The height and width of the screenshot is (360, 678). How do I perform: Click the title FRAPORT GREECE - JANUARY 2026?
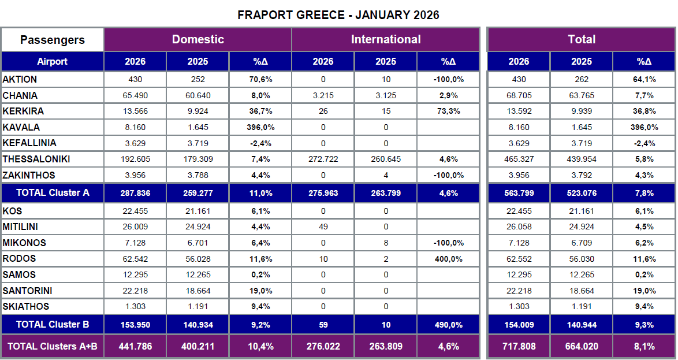click(x=338, y=15)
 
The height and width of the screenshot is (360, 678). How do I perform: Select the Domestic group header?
click(x=198, y=39)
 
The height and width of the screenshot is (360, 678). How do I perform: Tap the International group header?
click(x=385, y=39)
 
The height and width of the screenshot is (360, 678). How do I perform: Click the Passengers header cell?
click(x=52, y=40)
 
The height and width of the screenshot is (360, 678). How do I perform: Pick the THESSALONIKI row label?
click(x=36, y=159)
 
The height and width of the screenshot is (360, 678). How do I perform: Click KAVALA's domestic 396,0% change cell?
click(x=260, y=127)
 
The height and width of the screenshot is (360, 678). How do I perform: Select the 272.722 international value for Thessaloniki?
click(x=323, y=159)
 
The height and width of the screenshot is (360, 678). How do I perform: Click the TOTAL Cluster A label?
click(x=52, y=192)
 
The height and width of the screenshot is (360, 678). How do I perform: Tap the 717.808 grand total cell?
click(x=519, y=347)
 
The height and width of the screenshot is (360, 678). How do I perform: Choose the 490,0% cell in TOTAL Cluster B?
click(x=448, y=325)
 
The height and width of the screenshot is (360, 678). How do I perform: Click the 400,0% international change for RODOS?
click(x=448, y=259)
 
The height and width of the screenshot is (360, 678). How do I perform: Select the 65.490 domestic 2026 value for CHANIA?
click(x=135, y=95)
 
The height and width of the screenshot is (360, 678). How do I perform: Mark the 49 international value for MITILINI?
click(x=323, y=227)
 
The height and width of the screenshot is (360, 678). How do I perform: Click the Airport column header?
click(x=52, y=61)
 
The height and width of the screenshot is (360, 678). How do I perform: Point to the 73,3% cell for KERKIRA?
click(x=448, y=111)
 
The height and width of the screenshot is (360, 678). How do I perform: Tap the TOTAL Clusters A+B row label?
click(x=52, y=347)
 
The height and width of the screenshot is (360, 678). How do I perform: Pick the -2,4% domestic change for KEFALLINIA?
click(x=260, y=143)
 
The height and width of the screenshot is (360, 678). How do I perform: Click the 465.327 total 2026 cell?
click(x=519, y=159)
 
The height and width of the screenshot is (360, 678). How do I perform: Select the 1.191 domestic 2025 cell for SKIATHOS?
click(x=198, y=306)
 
